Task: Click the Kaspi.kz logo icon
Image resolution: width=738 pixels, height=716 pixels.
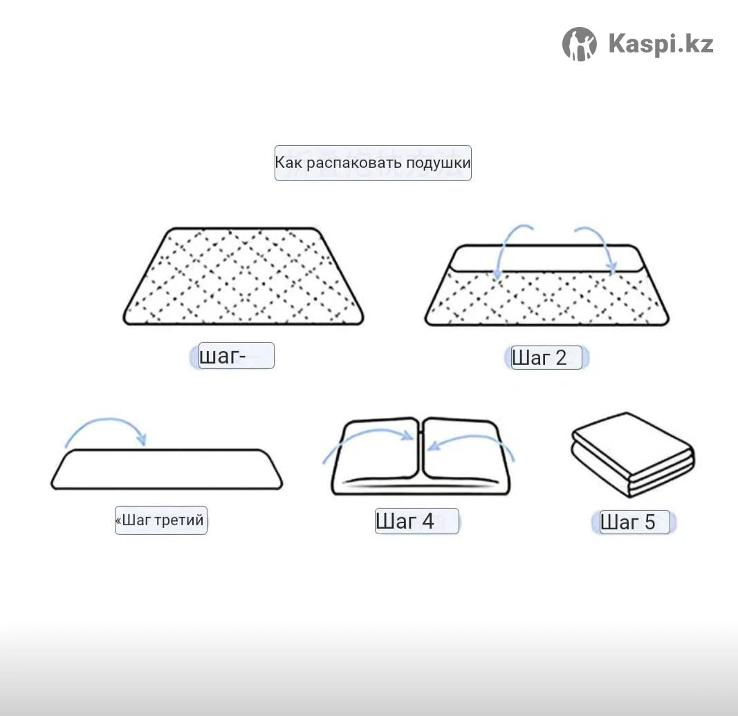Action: (x=580, y=44)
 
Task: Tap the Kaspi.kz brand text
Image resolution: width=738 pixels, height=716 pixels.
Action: (x=661, y=44)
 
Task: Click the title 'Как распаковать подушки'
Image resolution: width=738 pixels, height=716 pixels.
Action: (x=373, y=163)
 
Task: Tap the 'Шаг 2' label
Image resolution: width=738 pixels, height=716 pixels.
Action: (x=539, y=358)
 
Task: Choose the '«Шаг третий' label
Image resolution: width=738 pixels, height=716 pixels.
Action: (x=160, y=520)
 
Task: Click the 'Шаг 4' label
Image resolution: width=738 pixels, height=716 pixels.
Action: (x=405, y=521)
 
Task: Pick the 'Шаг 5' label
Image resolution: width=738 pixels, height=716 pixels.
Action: (x=628, y=522)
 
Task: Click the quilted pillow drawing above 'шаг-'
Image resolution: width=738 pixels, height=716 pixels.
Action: (x=243, y=276)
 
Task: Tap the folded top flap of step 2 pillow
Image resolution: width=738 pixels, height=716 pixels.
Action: (x=546, y=258)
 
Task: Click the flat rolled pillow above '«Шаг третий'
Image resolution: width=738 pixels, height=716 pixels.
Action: (x=167, y=469)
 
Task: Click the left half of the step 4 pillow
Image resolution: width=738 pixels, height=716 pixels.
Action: (x=376, y=454)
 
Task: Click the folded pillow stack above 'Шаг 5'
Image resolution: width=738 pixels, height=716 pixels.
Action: (x=633, y=454)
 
